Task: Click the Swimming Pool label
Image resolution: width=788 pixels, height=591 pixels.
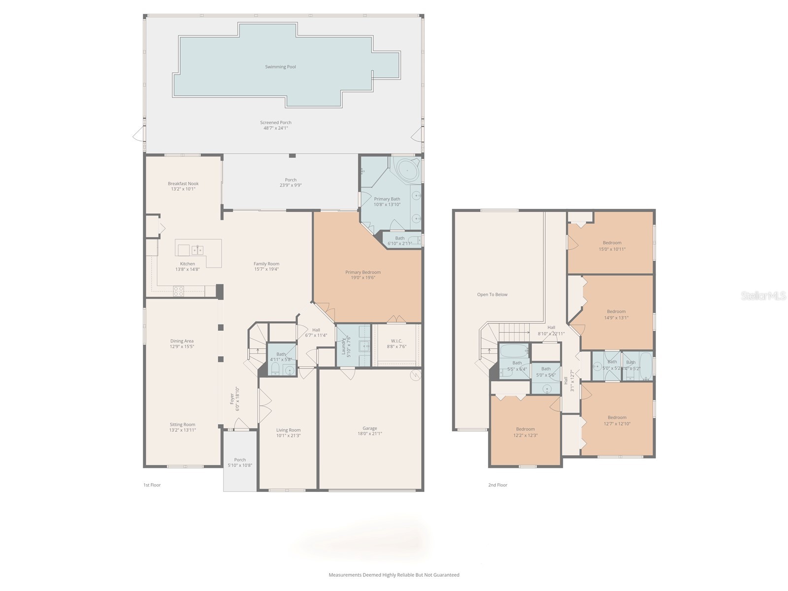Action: (280, 67)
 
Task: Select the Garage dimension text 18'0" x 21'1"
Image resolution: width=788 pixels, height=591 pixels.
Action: (370, 434)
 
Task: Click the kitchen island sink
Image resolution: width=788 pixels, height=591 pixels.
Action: (197, 250)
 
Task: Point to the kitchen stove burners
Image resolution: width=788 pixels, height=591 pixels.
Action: (178, 291)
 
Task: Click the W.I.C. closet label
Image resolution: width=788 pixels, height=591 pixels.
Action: (396, 341)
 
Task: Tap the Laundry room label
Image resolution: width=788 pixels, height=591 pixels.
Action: (344, 346)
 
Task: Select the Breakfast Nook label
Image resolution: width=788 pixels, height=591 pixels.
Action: (183, 184)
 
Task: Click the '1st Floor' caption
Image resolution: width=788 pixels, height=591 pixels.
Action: (152, 485)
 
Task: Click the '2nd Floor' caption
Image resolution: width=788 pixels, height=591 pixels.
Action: (497, 485)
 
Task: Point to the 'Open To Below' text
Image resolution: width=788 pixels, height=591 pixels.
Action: (492, 295)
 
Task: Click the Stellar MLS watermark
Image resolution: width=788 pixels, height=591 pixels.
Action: (763, 295)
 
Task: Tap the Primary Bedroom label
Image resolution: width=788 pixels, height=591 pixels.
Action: (363, 272)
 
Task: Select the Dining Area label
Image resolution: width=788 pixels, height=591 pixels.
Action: (182, 341)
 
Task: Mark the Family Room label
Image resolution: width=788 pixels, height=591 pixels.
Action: (266, 264)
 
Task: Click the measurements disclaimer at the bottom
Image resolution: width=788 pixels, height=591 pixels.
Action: (394, 575)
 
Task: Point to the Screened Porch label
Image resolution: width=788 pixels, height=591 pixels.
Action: (276, 123)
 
